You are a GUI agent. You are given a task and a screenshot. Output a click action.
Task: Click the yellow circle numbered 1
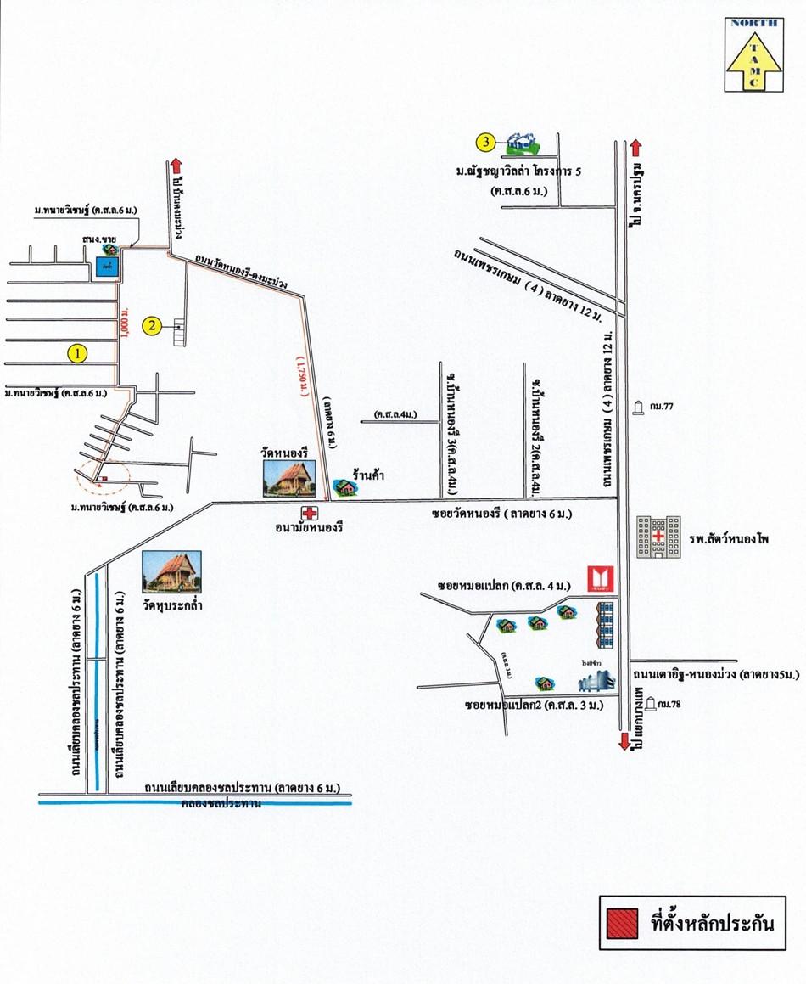[77, 353]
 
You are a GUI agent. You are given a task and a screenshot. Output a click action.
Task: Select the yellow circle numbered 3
[485, 142]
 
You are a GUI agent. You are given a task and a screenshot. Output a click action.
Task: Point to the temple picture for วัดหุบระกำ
[167, 571]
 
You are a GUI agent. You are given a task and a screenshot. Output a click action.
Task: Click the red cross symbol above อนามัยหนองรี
[311, 513]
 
